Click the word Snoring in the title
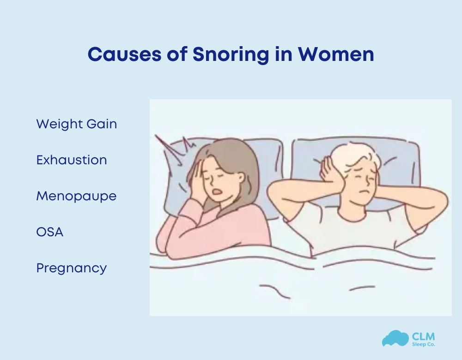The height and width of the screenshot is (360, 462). click(x=230, y=55)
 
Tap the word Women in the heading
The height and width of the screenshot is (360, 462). click(x=336, y=54)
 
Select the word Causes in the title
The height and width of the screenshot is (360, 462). click(x=121, y=54)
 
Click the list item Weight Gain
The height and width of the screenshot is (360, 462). click(x=76, y=124)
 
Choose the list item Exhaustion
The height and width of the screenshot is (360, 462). click(x=72, y=160)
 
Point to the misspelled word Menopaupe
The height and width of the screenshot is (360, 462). click(x=76, y=196)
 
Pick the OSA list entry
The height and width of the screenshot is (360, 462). click(x=50, y=232)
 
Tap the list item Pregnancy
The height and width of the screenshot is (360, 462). click(x=72, y=268)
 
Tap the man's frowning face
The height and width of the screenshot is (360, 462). click(x=362, y=182)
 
